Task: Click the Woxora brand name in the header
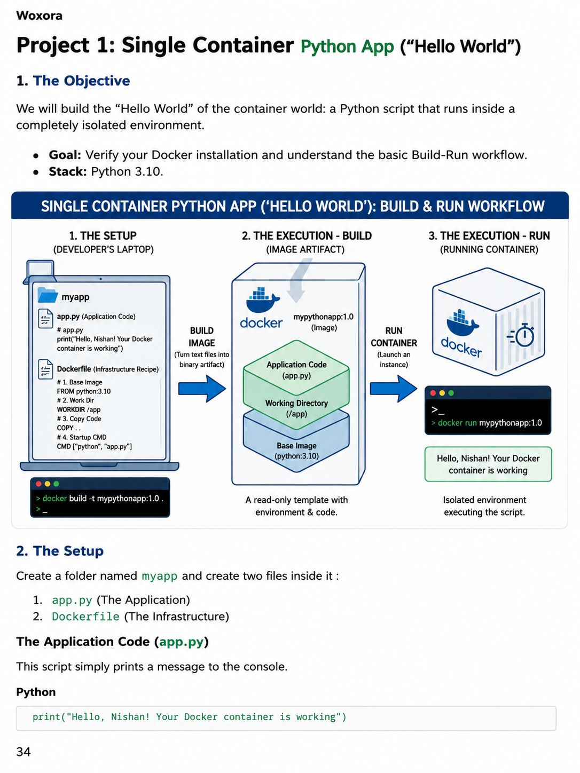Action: click(x=39, y=15)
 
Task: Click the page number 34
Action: click(x=23, y=752)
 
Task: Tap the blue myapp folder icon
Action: click(x=48, y=295)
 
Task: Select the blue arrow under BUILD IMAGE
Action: click(x=202, y=389)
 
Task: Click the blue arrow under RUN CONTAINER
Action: click(x=394, y=389)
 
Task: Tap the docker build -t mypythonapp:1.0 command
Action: click(x=100, y=498)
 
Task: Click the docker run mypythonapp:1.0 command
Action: click(x=487, y=423)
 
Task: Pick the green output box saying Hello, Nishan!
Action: click(x=488, y=464)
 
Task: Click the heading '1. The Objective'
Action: click(x=73, y=81)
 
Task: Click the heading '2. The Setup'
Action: click(x=60, y=551)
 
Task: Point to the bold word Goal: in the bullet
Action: click(x=65, y=155)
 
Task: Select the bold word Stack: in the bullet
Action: click(x=68, y=171)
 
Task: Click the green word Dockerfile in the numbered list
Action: click(x=85, y=617)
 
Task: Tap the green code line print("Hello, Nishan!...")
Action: click(x=190, y=717)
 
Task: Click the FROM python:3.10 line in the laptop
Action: click(x=84, y=391)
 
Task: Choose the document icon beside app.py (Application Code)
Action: click(x=45, y=318)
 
